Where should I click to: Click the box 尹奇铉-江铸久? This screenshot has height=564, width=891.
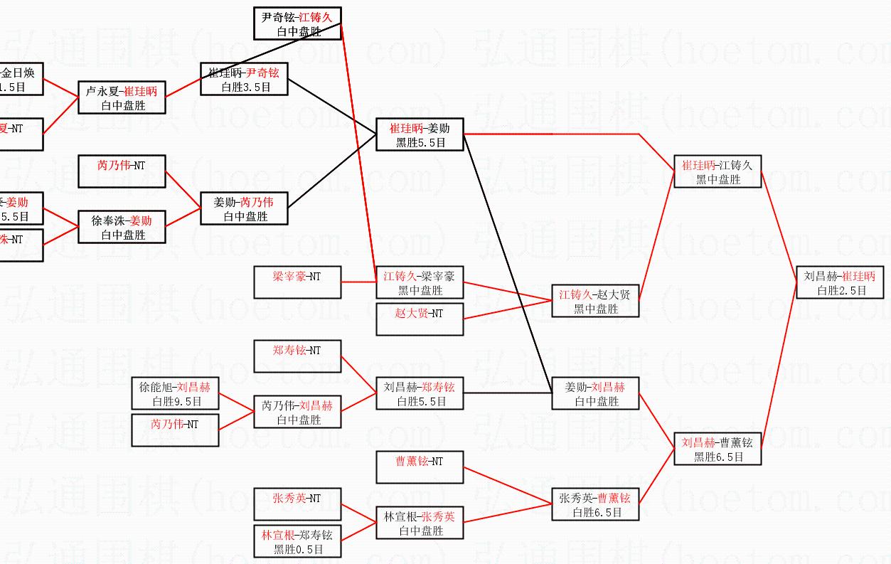pos(297,23)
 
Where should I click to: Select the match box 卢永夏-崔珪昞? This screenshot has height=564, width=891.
pos(122,98)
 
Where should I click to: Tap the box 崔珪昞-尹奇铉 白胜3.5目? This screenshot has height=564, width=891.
pos(245,80)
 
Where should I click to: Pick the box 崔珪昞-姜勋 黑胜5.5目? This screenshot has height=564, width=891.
pos(420,135)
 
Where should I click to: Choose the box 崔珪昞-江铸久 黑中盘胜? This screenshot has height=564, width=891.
pos(717,172)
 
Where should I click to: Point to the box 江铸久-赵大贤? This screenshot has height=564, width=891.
pos(595,302)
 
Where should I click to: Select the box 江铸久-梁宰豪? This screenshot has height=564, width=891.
pos(420,283)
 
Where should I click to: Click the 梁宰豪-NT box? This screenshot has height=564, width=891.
pos(297,282)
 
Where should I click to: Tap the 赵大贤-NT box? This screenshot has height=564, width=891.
pos(420,319)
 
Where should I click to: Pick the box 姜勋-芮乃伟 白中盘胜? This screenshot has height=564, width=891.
pos(245,209)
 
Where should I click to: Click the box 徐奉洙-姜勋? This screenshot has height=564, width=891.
pos(122,228)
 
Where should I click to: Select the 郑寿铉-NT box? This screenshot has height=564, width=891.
pos(297,356)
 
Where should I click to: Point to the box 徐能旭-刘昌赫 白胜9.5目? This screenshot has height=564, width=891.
pos(175,394)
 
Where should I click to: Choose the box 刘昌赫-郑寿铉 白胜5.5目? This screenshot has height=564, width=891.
pos(420,394)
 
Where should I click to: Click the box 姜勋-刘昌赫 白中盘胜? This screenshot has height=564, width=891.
pos(595,394)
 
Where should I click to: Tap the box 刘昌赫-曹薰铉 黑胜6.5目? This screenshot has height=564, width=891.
pos(717,449)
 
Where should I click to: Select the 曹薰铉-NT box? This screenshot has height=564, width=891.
pos(420,467)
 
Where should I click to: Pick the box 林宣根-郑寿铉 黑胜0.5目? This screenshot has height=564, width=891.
pos(297,541)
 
